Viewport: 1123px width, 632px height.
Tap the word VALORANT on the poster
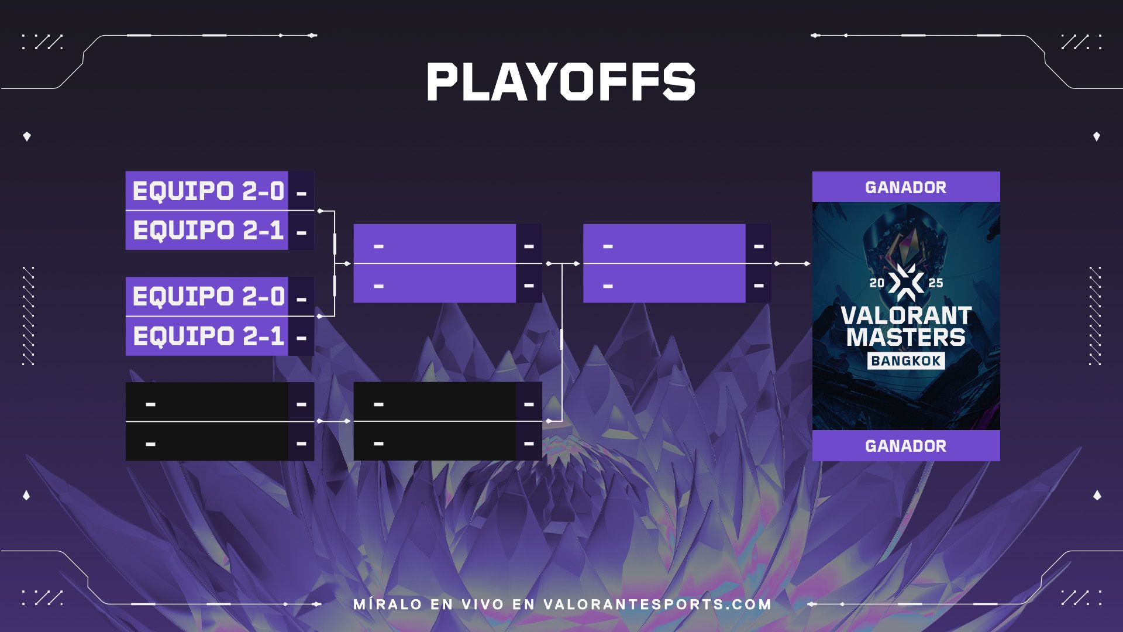point(906,316)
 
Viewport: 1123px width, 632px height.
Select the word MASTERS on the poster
point(906,338)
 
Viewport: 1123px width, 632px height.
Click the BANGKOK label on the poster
point(906,360)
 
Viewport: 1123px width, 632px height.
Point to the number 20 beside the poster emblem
point(877,283)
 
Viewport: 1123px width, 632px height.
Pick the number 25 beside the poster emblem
point(936,283)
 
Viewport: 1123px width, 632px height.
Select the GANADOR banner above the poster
point(906,187)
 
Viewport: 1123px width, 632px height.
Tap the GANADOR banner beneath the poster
point(906,446)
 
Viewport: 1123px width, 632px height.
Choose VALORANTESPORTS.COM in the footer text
point(657,604)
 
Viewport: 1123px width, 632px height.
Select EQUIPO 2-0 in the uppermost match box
point(208,191)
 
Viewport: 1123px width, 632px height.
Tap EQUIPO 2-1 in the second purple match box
point(208,336)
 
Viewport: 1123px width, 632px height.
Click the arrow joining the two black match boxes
point(334,421)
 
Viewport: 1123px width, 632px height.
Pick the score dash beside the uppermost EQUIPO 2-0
point(302,193)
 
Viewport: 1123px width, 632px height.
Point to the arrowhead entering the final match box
point(577,264)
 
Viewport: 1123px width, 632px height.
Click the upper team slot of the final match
point(664,244)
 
